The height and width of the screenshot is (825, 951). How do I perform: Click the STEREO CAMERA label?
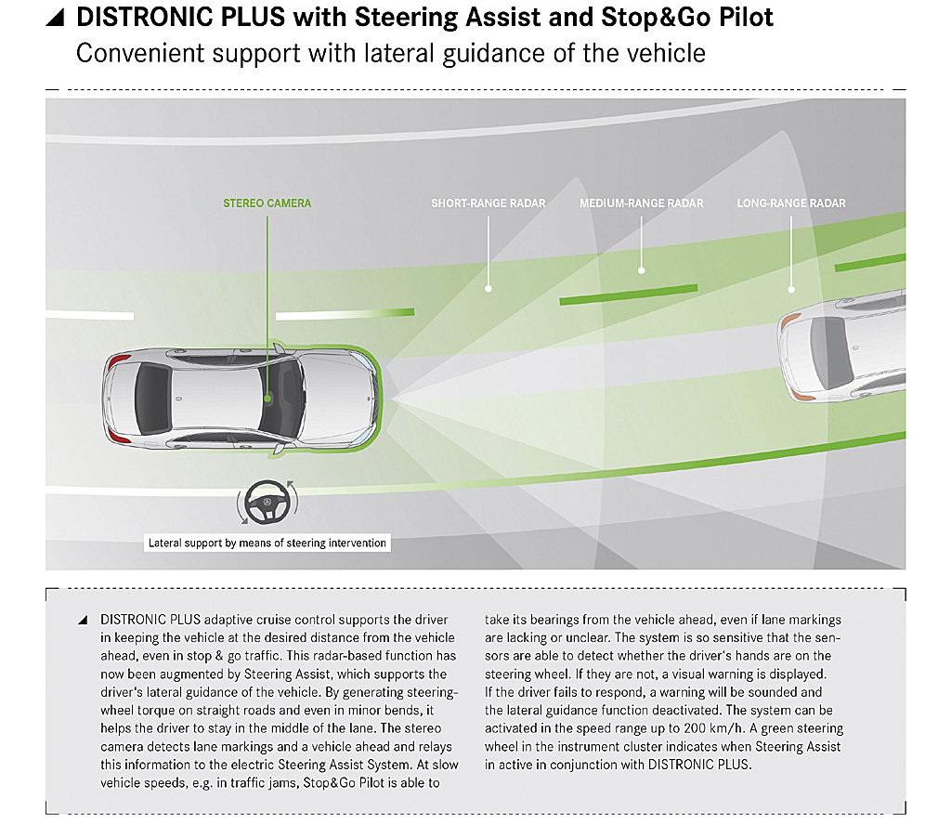click(267, 203)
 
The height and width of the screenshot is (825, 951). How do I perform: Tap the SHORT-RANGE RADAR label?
click(489, 203)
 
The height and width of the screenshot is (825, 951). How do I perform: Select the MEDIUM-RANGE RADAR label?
click(641, 203)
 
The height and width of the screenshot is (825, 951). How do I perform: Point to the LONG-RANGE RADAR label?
click(791, 203)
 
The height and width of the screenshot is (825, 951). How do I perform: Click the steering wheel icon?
click(267, 503)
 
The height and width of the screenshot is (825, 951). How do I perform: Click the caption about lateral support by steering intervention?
click(267, 543)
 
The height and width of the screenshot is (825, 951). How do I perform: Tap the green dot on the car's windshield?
click(267, 399)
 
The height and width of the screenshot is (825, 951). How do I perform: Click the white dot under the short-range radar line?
click(489, 289)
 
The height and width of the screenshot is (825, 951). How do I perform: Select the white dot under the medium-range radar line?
click(641, 270)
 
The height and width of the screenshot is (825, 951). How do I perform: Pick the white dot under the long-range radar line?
click(791, 290)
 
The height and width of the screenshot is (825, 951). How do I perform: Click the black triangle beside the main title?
click(55, 19)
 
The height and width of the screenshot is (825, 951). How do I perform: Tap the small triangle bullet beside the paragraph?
click(83, 620)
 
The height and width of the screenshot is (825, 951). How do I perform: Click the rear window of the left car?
click(151, 399)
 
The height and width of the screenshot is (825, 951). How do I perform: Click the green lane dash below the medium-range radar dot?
click(629, 294)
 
